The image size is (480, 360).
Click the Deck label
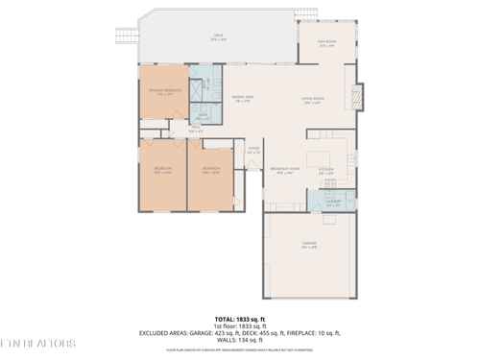point(218,37)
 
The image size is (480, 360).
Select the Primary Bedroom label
point(164,91)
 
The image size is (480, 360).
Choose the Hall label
point(195,129)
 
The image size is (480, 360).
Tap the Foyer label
point(253,151)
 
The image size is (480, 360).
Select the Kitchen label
point(326,172)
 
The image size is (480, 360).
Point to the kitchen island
point(324,156)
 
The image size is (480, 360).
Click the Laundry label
point(332,204)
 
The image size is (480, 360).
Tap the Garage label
point(309,246)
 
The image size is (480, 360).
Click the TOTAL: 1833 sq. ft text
point(240,318)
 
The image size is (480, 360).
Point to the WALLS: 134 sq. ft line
point(240,339)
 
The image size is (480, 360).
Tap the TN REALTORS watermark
point(38,343)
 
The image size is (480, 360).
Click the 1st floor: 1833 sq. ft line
point(240,325)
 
